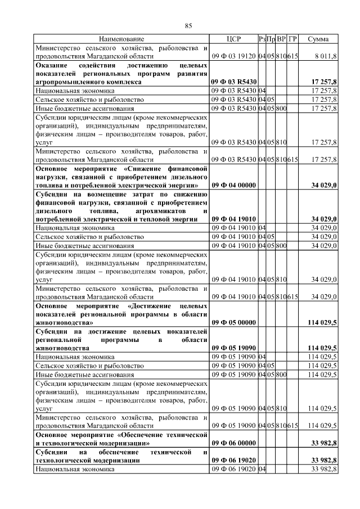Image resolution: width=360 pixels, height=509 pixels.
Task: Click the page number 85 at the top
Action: [x=188, y=26]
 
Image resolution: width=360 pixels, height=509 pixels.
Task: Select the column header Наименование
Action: [x=122, y=39]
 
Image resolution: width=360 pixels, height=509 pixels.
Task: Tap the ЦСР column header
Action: [x=233, y=39]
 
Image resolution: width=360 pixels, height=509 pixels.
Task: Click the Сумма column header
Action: [x=318, y=39]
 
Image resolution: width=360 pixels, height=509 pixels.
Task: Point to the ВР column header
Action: [x=281, y=39]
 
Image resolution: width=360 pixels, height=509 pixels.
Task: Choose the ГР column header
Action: [x=292, y=39]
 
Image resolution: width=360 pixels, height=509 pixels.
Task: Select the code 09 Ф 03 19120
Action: [x=233, y=56]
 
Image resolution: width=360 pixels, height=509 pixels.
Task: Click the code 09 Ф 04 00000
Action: [x=233, y=184]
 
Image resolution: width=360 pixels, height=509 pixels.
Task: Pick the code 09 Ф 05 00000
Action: [x=233, y=323]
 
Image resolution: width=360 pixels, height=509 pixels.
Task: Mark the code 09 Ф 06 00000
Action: [x=233, y=443]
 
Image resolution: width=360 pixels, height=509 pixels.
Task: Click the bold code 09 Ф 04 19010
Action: [x=233, y=219]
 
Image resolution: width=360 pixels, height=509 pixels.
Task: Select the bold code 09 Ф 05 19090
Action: [x=233, y=348]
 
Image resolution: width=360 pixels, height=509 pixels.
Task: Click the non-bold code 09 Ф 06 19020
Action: [x=233, y=469]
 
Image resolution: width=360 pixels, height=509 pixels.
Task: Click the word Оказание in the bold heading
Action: [x=52, y=65]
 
